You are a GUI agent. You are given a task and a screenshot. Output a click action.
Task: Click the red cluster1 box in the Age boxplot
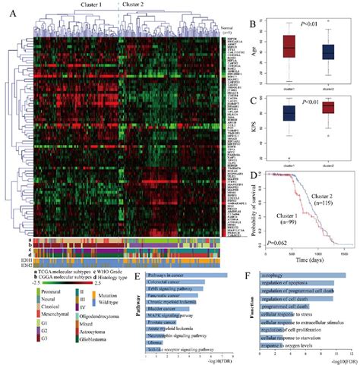point(288,47)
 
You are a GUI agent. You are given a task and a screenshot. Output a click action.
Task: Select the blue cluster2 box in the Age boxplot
point(327,52)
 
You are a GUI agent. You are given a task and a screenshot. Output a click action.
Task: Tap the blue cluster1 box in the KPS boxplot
point(288,114)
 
